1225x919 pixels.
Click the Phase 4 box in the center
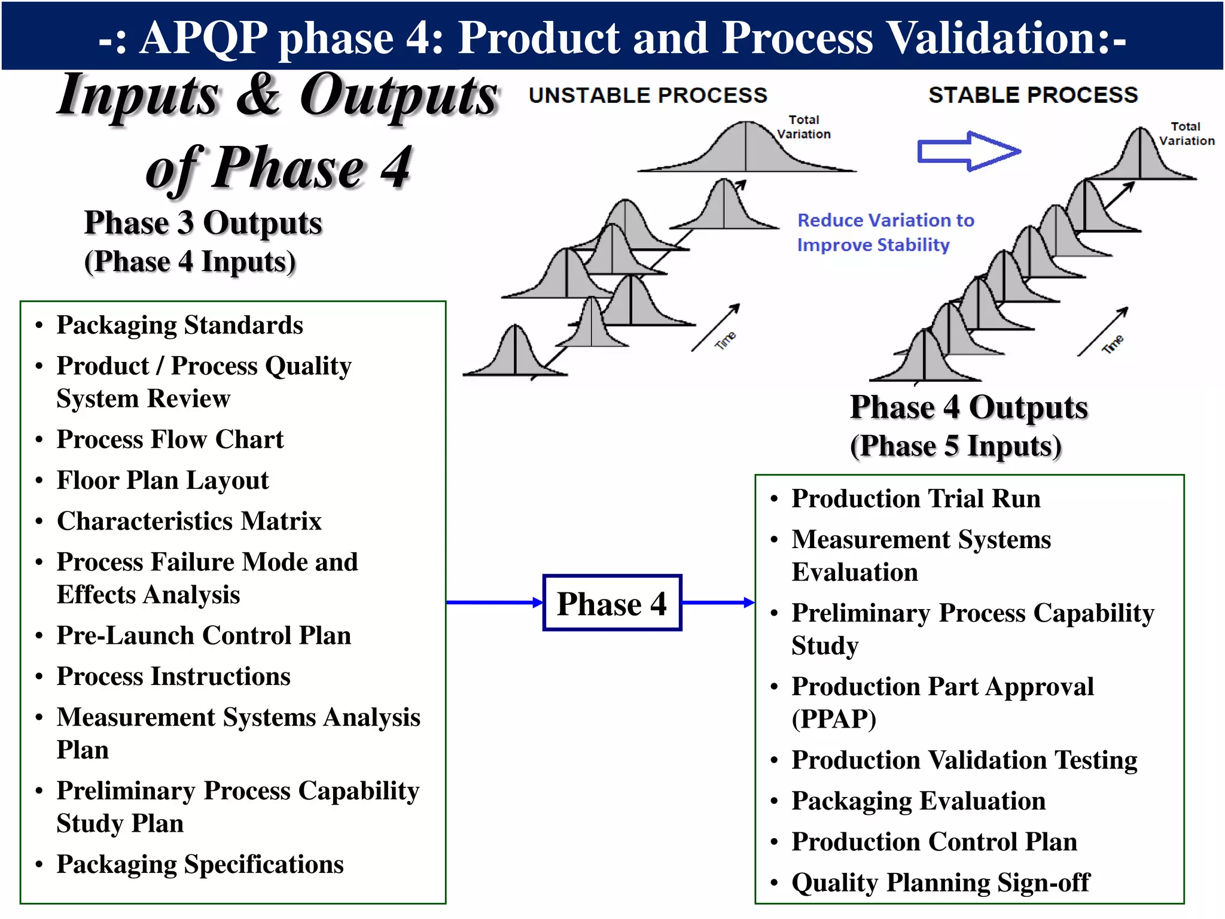612,602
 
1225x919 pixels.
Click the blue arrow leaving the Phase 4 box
718,602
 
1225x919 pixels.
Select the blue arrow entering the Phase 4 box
494,602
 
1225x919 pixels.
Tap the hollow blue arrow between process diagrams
968,151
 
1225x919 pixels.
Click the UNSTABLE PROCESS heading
648,95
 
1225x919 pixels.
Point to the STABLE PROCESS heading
1033,95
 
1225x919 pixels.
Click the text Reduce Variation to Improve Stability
885,232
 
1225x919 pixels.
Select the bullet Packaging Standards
179,325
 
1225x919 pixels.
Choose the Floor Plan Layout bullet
163,480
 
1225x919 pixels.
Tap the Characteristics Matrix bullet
189,521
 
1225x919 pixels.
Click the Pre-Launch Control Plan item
203,635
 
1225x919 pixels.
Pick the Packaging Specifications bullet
200,864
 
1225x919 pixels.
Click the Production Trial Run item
916,498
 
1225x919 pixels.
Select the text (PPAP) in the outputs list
834,719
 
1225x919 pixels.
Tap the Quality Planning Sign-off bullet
940,883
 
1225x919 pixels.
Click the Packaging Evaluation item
918,801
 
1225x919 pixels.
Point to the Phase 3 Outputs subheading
203,223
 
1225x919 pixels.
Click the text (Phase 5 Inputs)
955,446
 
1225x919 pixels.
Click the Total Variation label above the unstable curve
803,127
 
